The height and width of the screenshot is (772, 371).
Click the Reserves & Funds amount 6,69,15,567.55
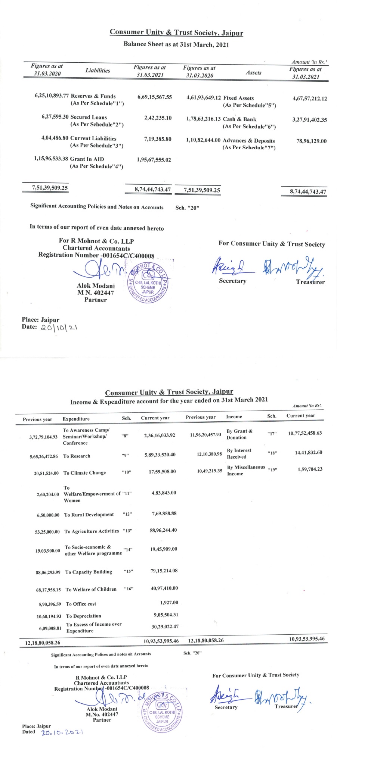[x=155, y=97]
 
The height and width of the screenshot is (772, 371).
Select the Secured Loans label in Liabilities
[x=89, y=117]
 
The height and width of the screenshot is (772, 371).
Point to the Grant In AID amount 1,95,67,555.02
[x=154, y=160]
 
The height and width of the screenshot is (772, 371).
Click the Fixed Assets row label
[x=238, y=98]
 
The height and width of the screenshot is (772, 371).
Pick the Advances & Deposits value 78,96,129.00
[x=311, y=141]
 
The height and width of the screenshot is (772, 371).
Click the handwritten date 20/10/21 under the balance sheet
[x=59, y=328]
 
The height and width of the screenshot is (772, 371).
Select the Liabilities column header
[x=98, y=71]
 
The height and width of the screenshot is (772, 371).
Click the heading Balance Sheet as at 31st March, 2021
[x=176, y=44]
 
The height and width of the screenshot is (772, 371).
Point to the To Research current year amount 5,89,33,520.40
[x=160, y=454]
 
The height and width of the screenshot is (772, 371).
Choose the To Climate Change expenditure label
[x=84, y=473]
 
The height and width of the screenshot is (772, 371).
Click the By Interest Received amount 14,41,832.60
[x=308, y=452]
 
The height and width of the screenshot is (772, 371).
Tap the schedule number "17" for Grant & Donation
[x=272, y=434]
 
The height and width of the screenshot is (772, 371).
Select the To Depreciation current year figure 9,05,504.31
[x=166, y=615]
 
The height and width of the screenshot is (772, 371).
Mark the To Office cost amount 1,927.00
[x=169, y=602]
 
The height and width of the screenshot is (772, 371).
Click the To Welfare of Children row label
[x=91, y=589]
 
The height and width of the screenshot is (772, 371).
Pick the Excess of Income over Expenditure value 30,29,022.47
[x=165, y=626]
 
